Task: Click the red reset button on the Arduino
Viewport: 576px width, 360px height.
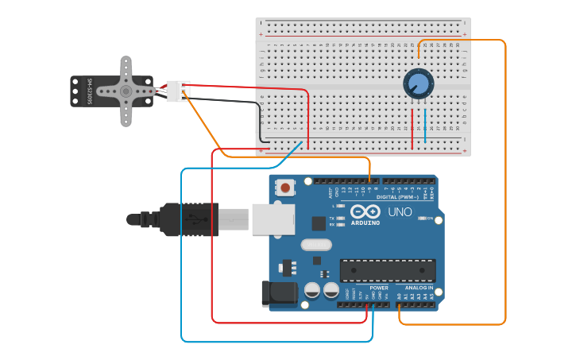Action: coord(284,188)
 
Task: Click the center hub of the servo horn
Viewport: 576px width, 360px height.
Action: coord(126,91)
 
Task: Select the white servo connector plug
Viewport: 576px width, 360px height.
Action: coord(178,91)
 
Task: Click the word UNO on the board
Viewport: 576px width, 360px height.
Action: coord(400,212)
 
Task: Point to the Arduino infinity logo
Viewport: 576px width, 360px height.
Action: coord(365,212)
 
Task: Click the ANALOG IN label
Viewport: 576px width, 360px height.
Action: coord(418,288)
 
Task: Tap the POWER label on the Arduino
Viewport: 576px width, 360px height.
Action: coord(379,288)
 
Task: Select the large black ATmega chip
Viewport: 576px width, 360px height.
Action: coord(387,270)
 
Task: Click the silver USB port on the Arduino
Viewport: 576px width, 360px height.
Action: coord(273,219)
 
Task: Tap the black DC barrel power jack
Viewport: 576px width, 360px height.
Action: coord(279,293)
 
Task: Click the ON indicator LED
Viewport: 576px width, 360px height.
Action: coord(422,218)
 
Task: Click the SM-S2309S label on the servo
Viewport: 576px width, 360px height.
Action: coord(91,91)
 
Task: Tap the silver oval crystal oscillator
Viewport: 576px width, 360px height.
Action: coord(315,245)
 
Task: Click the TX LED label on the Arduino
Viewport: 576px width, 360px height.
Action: coord(333,218)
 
